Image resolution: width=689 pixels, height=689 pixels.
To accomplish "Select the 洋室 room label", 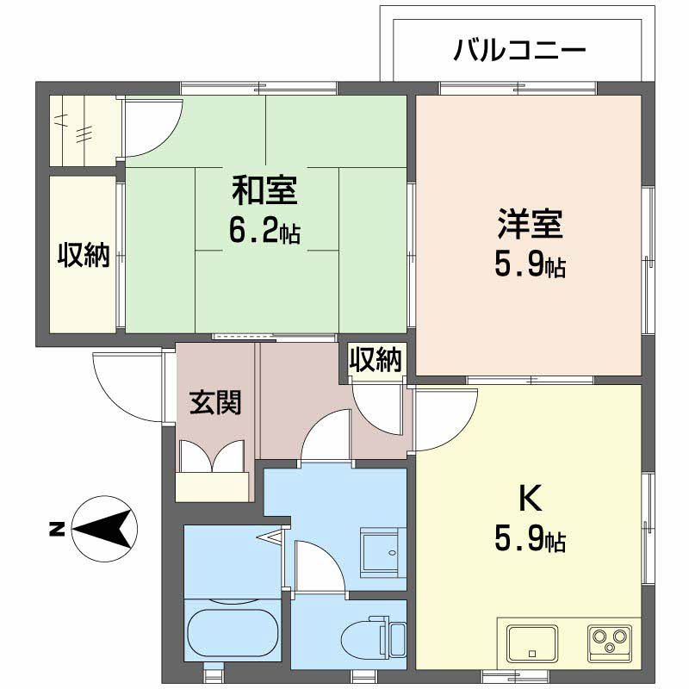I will (530, 225).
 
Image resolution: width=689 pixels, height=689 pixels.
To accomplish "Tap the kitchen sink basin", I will (531, 642).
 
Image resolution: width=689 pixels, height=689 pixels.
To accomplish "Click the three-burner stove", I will (612, 642).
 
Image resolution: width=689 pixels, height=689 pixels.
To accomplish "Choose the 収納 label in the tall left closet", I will (84, 255).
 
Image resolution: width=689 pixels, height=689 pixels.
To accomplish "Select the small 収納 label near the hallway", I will (376, 360).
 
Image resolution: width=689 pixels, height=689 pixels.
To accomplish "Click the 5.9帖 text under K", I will (530, 540).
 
